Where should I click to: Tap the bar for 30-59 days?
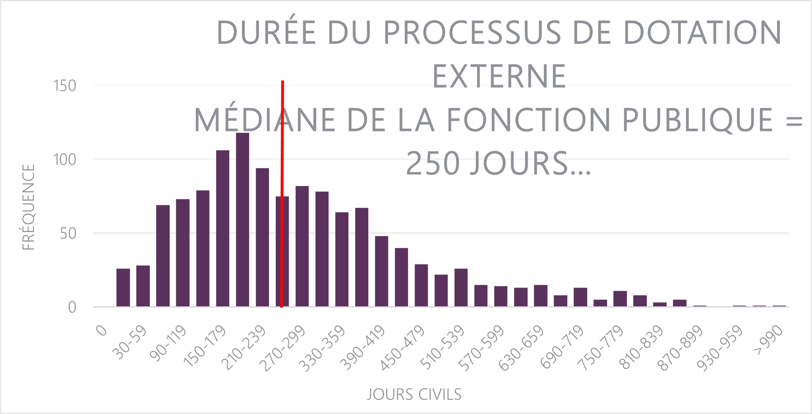tap(143, 286)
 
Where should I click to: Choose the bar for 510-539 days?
tap(461, 288)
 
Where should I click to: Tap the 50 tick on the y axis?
tap(68, 234)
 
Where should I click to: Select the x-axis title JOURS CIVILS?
tap(414, 395)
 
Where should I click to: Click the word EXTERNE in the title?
tap(499, 76)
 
